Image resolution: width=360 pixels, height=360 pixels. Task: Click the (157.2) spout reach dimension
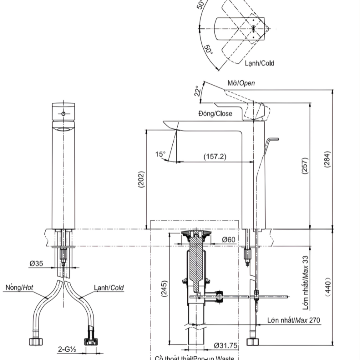point(215,156)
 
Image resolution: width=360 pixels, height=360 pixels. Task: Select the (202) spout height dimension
point(141,180)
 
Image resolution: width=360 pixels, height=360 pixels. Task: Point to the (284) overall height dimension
point(327,159)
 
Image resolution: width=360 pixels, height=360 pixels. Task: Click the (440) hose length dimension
point(328,287)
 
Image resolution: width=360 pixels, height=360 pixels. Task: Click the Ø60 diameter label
point(229,240)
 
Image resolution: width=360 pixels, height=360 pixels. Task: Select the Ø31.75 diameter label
point(226,345)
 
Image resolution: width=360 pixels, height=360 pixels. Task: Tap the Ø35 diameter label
point(36,264)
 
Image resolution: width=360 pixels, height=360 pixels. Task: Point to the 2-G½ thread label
point(66,350)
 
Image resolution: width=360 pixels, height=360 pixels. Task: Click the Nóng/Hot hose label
point(20,287)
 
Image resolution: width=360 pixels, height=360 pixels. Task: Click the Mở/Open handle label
point(241,83)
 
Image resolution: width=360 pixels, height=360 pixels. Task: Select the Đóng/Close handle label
point(215,114)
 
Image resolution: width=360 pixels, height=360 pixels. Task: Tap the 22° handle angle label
point(197,91)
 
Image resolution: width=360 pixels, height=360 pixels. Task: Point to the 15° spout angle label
point(160,154)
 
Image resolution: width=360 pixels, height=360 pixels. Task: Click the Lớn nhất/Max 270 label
point(294,320)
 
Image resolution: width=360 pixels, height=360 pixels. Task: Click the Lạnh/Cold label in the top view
point(260,63)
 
